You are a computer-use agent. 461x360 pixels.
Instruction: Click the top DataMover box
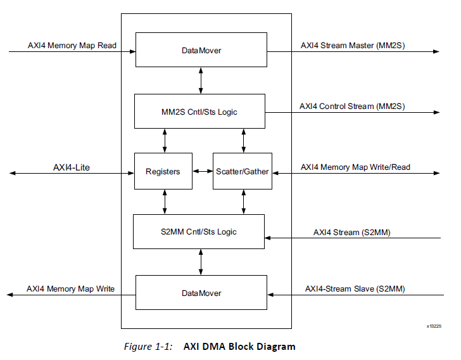click(x=201, y=49)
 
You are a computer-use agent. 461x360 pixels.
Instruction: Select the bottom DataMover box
click(x=201, y=293)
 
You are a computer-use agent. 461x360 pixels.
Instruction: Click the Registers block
click(x=163, y=171)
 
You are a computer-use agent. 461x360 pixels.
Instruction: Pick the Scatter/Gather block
click(x=242, y=171)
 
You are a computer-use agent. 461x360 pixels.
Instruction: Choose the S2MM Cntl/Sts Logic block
click(x=198, y=231)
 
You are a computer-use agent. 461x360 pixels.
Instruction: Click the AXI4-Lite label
click(x=71, y=167)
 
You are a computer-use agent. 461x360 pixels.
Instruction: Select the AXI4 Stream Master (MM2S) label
click(x=352, y=46)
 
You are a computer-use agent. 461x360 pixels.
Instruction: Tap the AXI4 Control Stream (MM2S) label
click(x=352, y=106)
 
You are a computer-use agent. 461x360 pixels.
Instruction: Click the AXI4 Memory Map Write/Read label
click(x=355, y=167)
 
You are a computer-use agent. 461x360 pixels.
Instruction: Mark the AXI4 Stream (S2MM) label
click(x=351, y=232)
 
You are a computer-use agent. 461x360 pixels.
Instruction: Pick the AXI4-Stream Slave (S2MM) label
click(x=355, y=289)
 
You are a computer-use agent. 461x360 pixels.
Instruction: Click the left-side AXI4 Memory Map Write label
click(x=70, y=289)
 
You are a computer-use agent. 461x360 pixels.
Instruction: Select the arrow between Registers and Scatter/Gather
click(x=202, y=171)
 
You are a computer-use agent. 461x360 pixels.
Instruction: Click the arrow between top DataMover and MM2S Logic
click(x=201, y=80)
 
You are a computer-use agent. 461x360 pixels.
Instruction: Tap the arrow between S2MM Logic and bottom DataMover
click(x=201, y=262)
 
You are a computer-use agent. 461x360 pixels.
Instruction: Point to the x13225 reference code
click(x=434, y=326)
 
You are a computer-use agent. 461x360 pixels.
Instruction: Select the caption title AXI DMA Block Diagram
click(x=239, y=347)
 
